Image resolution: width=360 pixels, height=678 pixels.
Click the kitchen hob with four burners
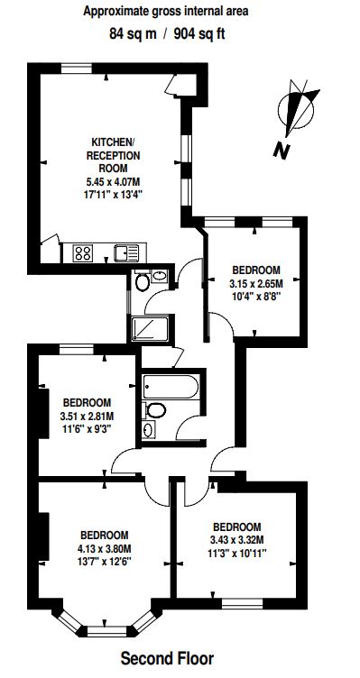click(x=83, y=252)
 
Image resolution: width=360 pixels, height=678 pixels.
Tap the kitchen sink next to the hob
click(x=126, y=253)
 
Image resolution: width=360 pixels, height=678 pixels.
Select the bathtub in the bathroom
click(x=171, y=386)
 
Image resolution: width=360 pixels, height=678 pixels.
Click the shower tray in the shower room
click(x=150, y=328)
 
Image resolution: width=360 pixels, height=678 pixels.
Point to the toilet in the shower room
click(x=143, y=282)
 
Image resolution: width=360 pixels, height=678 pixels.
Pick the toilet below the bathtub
click(x=155, y=410)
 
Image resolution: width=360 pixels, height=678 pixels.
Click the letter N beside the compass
click(x=282, y=151)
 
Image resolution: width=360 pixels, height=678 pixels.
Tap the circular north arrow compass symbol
click(x=297, y=108)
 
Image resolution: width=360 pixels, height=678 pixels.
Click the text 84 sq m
click(x=133, y=34)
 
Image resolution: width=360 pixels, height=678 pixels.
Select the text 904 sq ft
click(x=199, y=34)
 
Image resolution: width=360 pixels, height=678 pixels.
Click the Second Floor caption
click(x=167, y=659)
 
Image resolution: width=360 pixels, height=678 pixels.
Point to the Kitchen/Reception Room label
click(x=114, y=155)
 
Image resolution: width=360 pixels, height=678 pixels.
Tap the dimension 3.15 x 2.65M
click(x=256, y=284)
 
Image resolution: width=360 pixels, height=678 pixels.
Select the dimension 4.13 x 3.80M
click(x=105, y=549)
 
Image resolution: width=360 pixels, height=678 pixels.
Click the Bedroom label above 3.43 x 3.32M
click(x=237, y=527)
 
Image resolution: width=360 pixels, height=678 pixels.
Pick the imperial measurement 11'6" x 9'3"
click(x=88, y=430)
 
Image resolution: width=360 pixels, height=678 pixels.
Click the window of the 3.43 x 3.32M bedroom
click(x=243, y=603)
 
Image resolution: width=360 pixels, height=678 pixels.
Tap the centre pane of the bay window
click(x=106, y=632)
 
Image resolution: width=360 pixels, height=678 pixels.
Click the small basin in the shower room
click(x=160, y=276)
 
